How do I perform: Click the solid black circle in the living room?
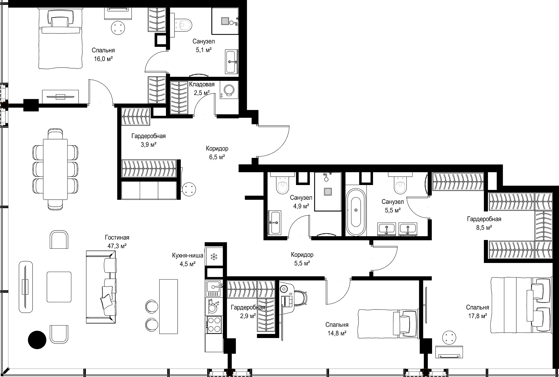point(37,340)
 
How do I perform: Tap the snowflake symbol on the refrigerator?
point(214,257)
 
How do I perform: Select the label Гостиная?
point(117,238)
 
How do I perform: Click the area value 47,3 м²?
point(117,246)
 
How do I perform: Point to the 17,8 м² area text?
point(477,316)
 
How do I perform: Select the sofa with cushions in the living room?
point(101,287)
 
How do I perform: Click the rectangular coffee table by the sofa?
point(59,287)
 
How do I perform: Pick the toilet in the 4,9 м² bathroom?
point(282,185)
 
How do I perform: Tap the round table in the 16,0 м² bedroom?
point(118,28)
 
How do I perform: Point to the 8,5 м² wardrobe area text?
point(484,227)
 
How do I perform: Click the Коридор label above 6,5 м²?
point(217,149)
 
